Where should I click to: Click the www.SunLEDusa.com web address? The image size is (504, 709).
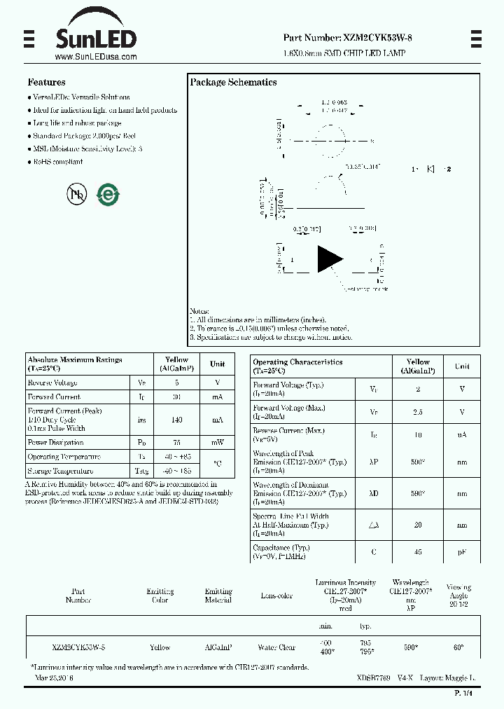[95, 57]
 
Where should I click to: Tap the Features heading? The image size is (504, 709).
[47, 82]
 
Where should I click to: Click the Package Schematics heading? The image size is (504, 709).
[233, 82]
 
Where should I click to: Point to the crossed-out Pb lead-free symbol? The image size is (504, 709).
[76, 194]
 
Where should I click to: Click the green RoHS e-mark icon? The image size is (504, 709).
[107, 194]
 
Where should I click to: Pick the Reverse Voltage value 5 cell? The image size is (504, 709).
[177, 383]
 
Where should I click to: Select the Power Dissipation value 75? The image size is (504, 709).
[177, 443]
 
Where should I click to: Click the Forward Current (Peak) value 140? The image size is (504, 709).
[177, 420]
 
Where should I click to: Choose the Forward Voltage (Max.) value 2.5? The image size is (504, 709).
[418, 412]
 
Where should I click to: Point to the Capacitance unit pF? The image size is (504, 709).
[462, 552]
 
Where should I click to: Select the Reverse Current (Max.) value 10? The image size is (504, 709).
[418, 435]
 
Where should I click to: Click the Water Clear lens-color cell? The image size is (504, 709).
[277, 648]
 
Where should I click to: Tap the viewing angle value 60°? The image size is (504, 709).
[458, 648]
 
